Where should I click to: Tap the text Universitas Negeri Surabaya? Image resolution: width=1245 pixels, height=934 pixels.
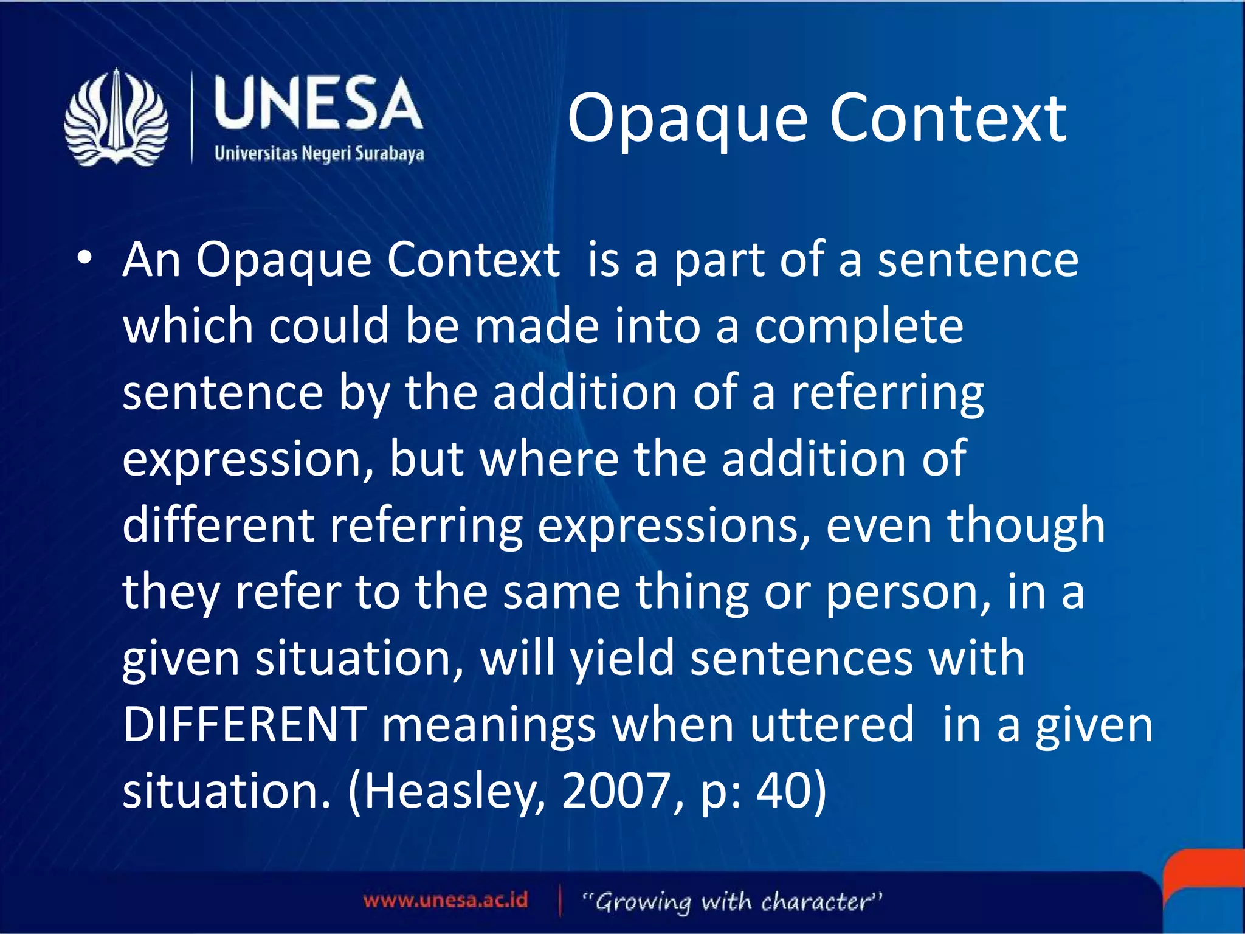pos(319,153)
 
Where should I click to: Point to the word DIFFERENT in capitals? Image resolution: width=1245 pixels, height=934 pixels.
pos(244,724)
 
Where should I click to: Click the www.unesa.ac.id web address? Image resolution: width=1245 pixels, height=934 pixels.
pos(446,900)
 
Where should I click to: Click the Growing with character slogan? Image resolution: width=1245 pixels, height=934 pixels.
pos(732,901)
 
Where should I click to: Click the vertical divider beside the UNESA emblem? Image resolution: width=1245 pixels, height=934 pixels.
pos(192,117)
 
